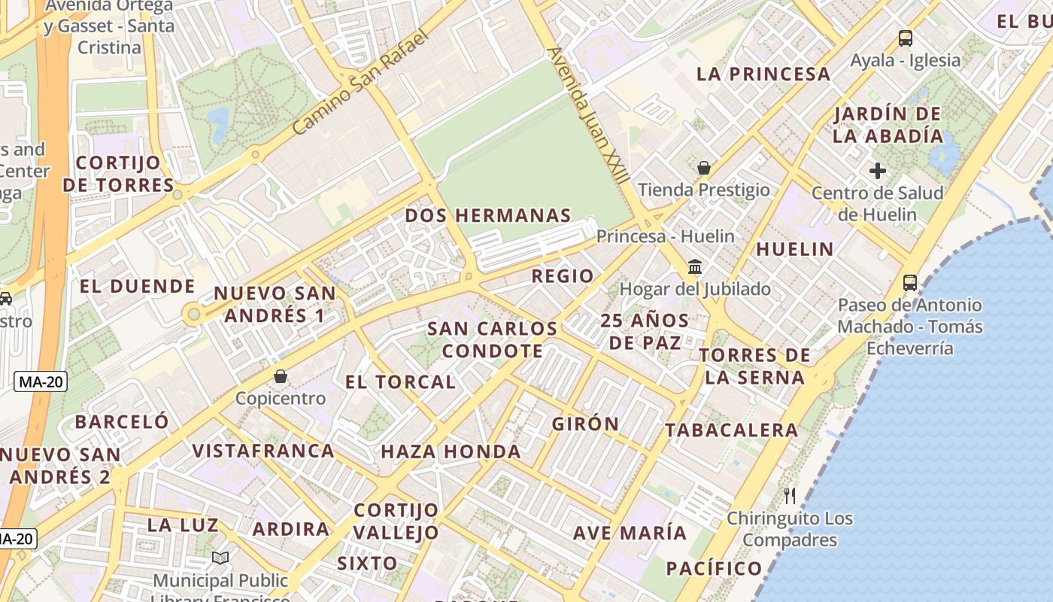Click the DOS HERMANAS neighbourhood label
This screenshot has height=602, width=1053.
488,216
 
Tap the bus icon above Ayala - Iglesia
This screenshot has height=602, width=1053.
906,38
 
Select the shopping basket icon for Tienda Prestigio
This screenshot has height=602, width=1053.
704,167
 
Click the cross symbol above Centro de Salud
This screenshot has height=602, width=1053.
877,171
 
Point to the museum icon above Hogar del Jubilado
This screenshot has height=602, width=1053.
695,267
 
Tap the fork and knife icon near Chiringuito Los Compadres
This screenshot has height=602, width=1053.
790,495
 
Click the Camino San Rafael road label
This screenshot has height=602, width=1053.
360,83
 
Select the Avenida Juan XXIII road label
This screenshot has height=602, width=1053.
588,117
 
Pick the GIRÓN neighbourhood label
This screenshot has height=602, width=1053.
586,424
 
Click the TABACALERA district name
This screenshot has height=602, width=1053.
732,430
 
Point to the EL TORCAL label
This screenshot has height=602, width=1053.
400,382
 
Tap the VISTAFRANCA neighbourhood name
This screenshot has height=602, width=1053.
263,451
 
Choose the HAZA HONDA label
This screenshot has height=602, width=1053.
451,451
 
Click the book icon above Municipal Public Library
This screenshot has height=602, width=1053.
220,558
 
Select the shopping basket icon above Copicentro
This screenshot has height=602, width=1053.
281,375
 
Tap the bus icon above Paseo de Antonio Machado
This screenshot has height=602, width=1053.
910,283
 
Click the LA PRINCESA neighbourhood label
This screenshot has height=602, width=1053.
763,74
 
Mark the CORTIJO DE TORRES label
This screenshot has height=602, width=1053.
118,174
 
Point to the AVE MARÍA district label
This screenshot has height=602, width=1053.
630,534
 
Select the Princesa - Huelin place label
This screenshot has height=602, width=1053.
666,236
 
